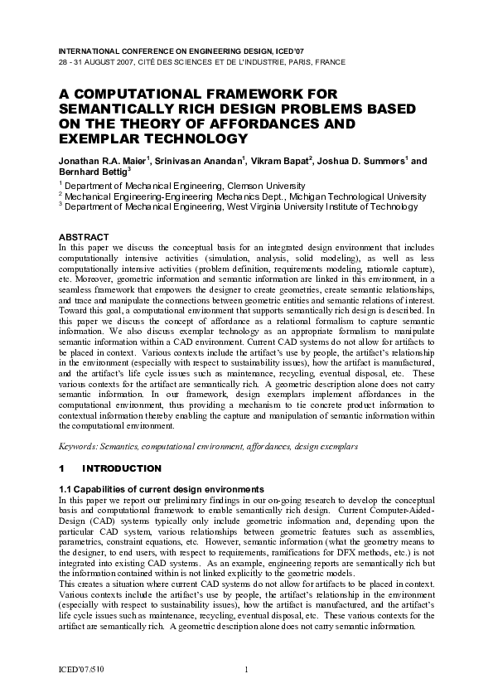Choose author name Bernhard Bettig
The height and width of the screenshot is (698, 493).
click(91, 172)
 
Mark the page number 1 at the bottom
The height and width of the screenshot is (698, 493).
click(247, 670)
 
